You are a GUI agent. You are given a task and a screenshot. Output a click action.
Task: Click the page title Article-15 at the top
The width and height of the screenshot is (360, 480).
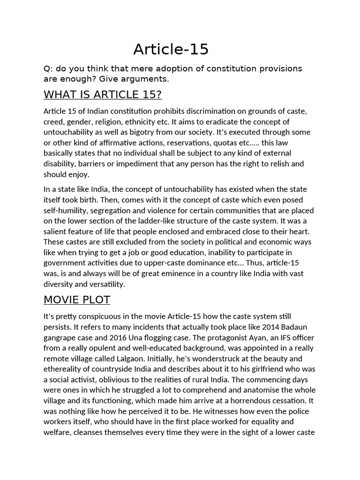[171, 49]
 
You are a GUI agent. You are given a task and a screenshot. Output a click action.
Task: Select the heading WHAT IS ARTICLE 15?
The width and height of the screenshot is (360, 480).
[103, 95]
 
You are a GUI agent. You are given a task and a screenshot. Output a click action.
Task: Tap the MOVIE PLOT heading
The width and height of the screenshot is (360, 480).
[77, 300]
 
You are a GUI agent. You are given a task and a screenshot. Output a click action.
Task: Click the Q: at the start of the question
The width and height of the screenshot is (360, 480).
[48, 69]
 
